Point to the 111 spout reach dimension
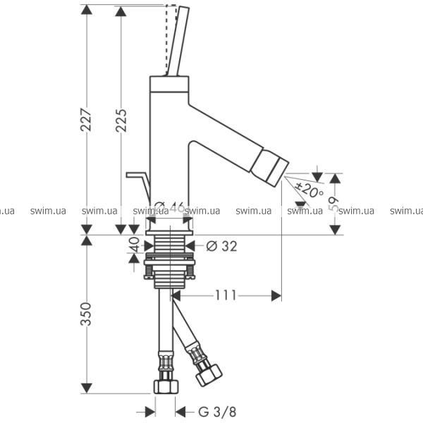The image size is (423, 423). [226, 295]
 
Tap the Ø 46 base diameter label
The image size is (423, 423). [169, 208]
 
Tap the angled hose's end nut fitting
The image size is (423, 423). [209, 373]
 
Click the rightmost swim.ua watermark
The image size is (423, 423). [407, 210]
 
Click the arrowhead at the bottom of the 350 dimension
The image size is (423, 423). [87, 388]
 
